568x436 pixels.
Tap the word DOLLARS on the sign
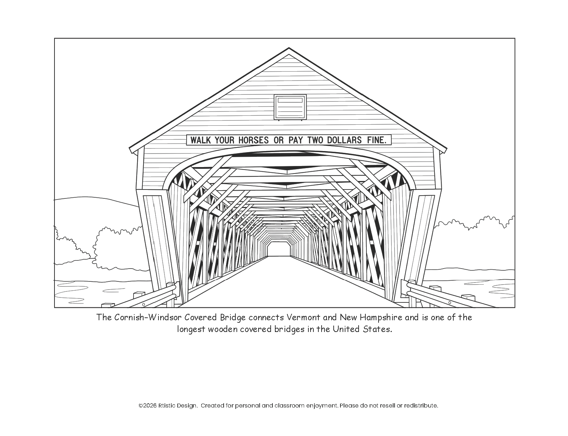pyautogui.click(x=344, y=140)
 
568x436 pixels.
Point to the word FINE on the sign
pyautogui.click(x=376, y=140)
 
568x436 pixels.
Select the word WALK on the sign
pyautogui.click(x=200, y=140)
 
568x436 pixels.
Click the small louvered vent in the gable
pyautogui.click(x=290, y=107)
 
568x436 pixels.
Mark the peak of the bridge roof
pyautogui.click(x=289, y=49)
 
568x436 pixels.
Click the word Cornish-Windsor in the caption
pyautogui.click(x=148, y=317)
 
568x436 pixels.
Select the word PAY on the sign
pyautogui.click(x=295, y=140)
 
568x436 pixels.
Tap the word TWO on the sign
pyautogui.click(x=316, y=140)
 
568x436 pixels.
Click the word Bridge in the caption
pyautogui.click(x=233, y=317)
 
